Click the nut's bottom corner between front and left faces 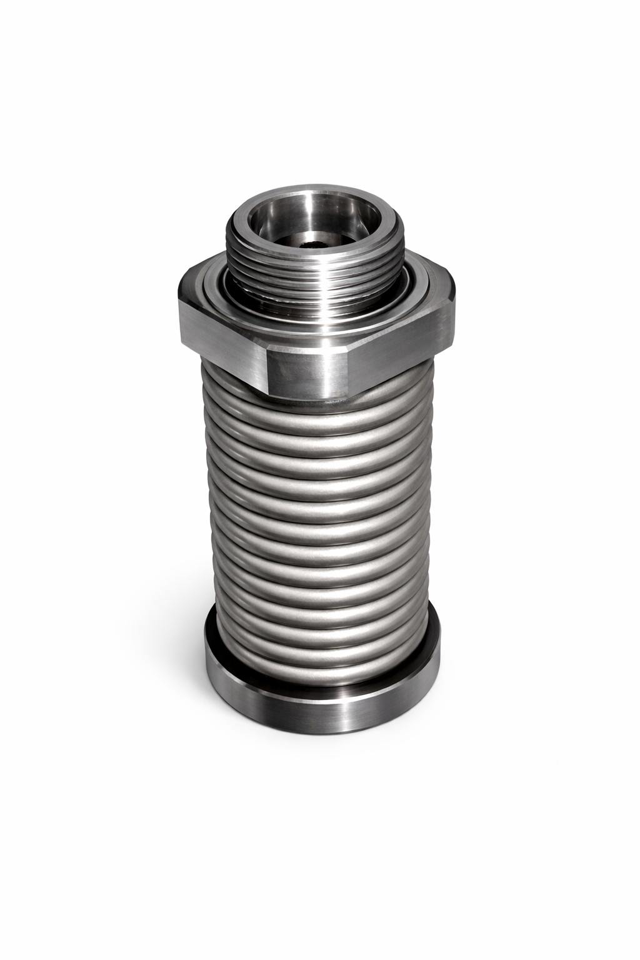tap(269, 394)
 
